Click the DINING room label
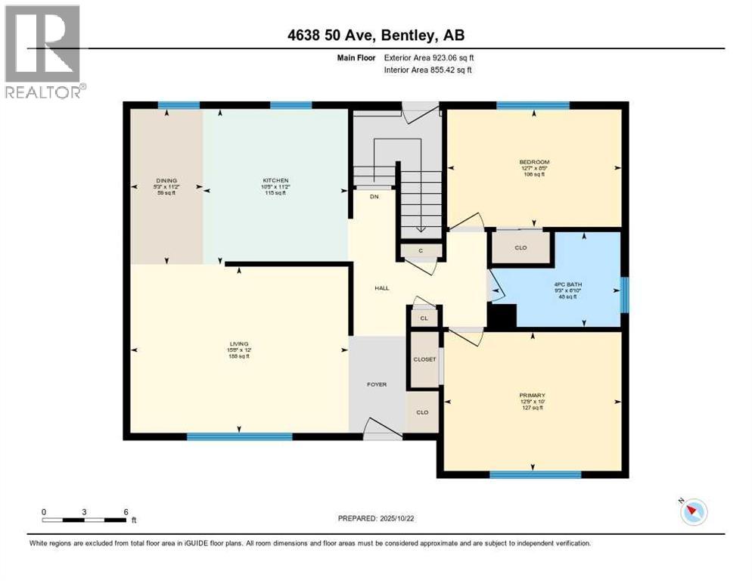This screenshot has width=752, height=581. point(166,181)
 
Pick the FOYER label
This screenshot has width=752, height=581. point(377,384)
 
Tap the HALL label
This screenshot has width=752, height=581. point(382,288)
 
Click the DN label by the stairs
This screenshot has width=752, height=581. point(374,197)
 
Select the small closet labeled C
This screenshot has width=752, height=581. point(420,250)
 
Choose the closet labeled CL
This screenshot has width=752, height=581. point(424,318)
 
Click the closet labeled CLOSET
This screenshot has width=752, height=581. point(424,359)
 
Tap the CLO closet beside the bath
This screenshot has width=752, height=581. point(520,247)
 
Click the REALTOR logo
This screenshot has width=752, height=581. point(43,51)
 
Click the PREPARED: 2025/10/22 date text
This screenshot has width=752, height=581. point(376,518)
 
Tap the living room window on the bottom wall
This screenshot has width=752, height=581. point(239,437)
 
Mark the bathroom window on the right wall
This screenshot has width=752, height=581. point(624,294)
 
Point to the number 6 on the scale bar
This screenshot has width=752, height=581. point(126,511)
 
